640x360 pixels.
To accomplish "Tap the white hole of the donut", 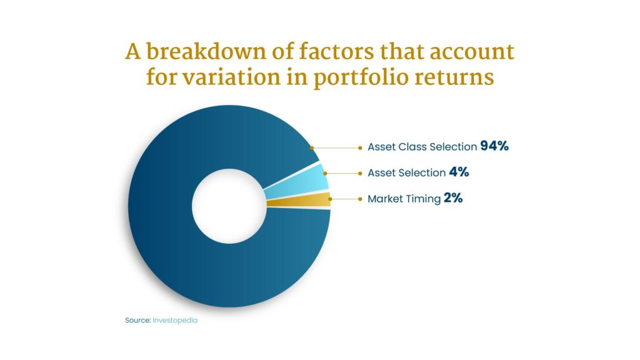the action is pyautogui.click(x=229, y=206).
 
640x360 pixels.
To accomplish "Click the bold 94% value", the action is pyautogui.click(x=494, y=146).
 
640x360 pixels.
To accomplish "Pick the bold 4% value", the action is pyautogui.click(x=459, y=172).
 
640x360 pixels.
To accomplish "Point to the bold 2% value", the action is pyautogui.click(x=453, y=198).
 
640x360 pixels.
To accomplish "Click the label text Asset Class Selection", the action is pyautogui.click(x=422, y=147).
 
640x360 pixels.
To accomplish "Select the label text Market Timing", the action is pyautogui.click(x=404, y=199).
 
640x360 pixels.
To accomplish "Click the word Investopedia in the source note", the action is pyautogui.click(x=175, y=321).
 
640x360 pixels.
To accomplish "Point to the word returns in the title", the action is pyautogui.click(x=454, y=77).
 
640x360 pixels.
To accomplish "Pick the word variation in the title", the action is pyautogui.click(x=231, y=77).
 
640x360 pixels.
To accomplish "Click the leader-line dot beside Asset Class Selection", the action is pyautogui.click(x=360, y=147).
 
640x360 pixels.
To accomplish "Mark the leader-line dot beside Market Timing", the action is pyautogui.click(x=360, y=199).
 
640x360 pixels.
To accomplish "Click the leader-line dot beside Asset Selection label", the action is pyautogui.click(x=360, y=174).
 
